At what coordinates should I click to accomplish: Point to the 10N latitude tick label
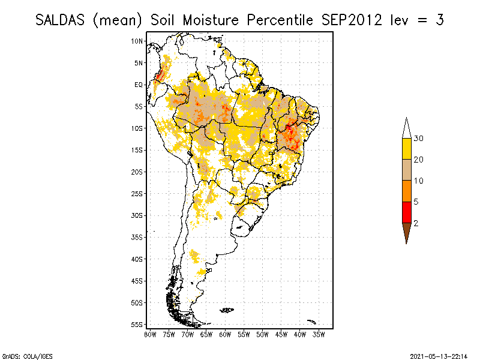137,41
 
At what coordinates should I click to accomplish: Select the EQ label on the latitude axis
139,85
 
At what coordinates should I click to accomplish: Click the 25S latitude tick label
137,193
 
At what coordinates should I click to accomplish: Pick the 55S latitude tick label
137,324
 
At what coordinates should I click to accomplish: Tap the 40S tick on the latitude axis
137,259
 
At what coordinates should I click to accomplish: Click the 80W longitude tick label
150,334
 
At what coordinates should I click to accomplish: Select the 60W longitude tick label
225,334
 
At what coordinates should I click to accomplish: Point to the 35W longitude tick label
319,334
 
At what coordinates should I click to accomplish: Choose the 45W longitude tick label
281,334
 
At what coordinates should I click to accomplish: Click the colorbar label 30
419,139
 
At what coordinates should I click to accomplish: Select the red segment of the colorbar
407,212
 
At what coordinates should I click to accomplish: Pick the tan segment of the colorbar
407,170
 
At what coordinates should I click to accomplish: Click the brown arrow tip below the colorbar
407,234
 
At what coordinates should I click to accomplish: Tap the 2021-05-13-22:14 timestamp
439,356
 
